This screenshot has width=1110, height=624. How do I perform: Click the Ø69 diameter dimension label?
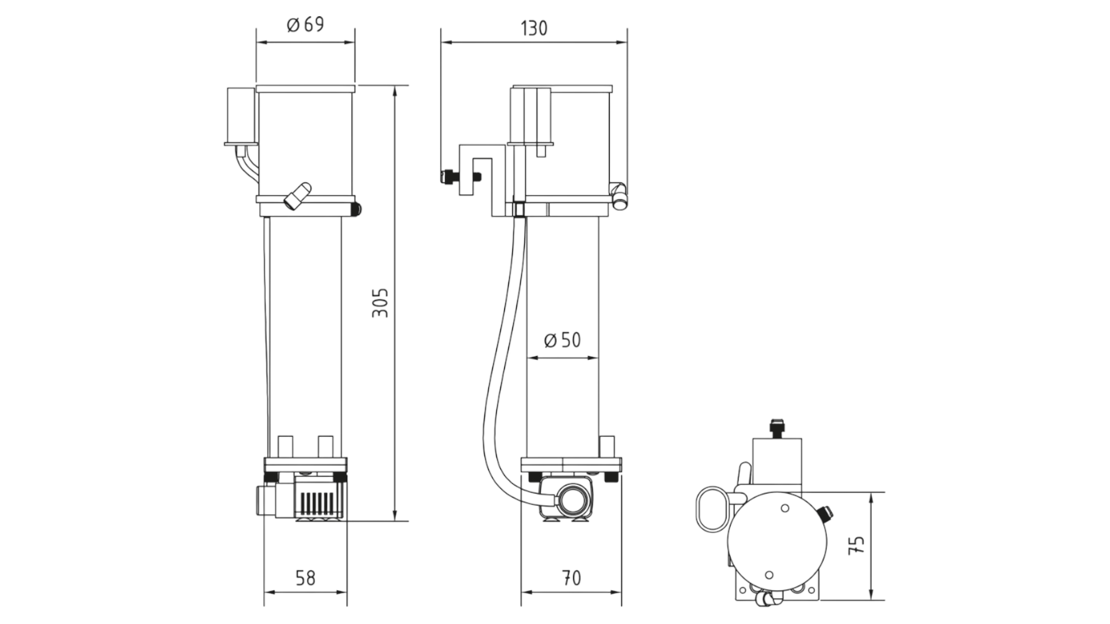[305, 25]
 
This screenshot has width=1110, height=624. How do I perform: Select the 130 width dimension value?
[534, 28]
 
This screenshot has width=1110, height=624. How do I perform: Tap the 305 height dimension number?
[382, 302]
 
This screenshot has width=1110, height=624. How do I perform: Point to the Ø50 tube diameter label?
[562, 341]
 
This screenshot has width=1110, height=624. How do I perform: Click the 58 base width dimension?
[305, 578]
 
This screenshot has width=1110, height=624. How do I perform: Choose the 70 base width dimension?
[571, 578]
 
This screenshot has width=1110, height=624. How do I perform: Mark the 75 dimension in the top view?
[856, 546]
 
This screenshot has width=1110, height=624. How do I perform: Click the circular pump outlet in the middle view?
[571, 501]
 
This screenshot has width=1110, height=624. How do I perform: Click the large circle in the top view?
[775, 538]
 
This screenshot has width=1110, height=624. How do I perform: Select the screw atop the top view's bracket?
[775, 426]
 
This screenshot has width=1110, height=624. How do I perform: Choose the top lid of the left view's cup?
[305, 88]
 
